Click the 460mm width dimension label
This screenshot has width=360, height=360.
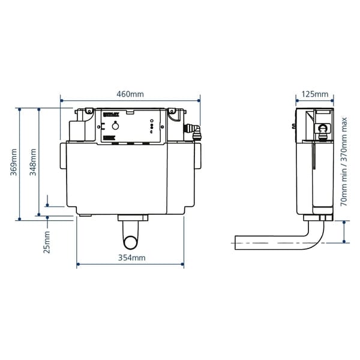[x=130, y=94]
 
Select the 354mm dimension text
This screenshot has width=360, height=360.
[x=130, y=258]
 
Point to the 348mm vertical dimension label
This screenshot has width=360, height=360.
[x=33, y=160]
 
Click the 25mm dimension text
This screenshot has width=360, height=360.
[x=47, y=244]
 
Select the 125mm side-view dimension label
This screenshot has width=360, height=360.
[x=314, y=94]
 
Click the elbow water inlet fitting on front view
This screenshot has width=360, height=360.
[x=193, y=129]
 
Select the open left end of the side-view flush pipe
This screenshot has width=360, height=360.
[x=235, y=243]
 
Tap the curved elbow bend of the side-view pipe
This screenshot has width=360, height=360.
[x=318, y=237]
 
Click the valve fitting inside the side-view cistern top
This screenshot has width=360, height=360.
[x=323, y=128]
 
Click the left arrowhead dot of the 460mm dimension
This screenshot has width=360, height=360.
[x=61, y=101]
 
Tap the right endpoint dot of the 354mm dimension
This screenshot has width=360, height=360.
[x=183, y=263]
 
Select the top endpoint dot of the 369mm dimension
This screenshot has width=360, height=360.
[x=20, y=109]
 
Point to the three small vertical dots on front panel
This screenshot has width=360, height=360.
[x=151, y=127]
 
